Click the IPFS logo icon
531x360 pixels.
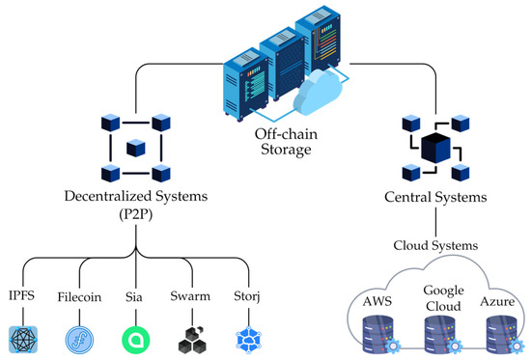point(22,339)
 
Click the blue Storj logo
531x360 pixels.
point(248,339)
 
